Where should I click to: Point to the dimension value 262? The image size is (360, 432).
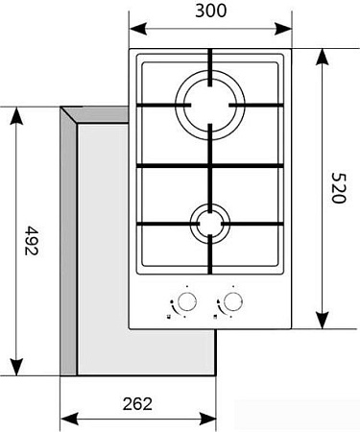click(x=138, y=404)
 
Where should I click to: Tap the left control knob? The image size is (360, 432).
click(x=186, y=299)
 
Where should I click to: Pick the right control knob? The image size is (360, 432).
click(x=230, y=299)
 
